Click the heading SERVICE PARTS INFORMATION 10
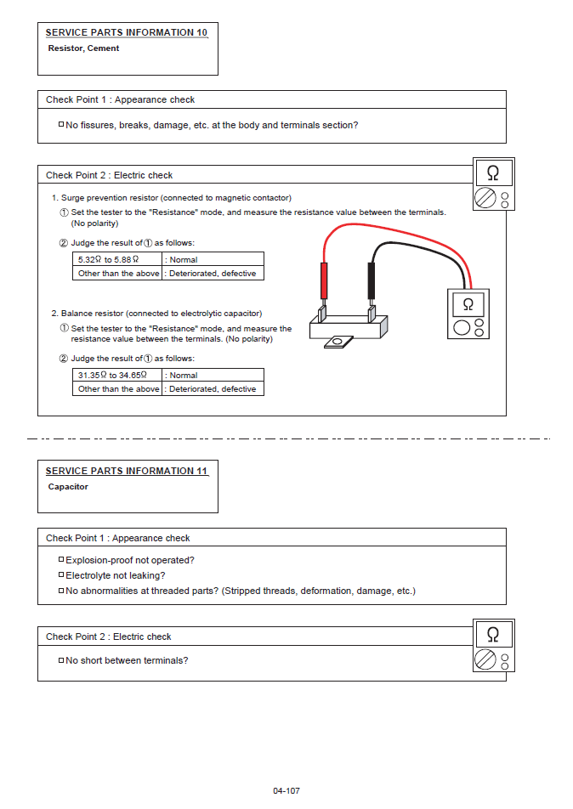[x=126, y=32]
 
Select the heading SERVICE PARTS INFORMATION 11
[x=126, y=471]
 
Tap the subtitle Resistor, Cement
[x=83, y=48]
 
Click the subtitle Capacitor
[x=68, y=487]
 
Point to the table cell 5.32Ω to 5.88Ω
[x=108, y=259]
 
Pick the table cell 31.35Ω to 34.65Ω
[x=112, y=375]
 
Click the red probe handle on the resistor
[x=324, y=280]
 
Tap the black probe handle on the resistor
[x=371, y=280]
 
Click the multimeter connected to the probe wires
[x=467, y=314]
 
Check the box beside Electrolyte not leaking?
[x=61, y=574]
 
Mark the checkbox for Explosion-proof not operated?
[x=61, y=559]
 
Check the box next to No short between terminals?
[x=61, y=659]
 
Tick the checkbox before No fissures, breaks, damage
[x=61, y=124]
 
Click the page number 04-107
[x=286, y=791]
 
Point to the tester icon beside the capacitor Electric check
[x=493, y=645]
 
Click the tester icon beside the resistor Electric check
[x=493, y=184]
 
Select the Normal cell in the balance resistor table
[x=213, y=375]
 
